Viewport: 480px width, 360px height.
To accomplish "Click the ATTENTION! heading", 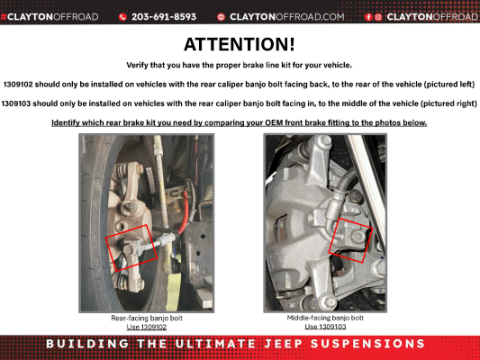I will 239,45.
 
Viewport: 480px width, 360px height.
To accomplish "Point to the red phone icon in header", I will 123,17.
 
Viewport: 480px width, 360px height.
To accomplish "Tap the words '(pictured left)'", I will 446,83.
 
